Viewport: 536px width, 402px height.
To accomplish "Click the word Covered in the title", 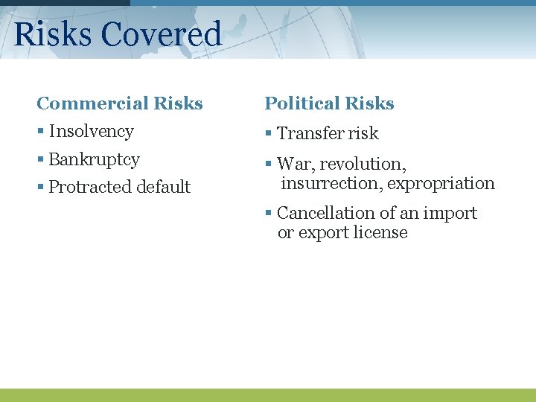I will (x=161, y=34).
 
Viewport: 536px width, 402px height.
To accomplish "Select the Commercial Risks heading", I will (x=120, y=103).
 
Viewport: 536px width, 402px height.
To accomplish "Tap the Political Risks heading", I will (x=329, y=103).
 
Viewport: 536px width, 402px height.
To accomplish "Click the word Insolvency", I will (x=91, y=132).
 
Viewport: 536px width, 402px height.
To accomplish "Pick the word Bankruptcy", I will (x=94, y=159).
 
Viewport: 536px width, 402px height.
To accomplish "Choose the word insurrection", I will (x=331, y=183).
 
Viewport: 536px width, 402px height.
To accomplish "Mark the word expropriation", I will (x=441, y=183).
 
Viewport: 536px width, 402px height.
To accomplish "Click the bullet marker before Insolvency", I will (x=40, y=133).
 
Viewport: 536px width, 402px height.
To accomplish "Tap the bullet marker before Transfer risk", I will (x=269, y=135).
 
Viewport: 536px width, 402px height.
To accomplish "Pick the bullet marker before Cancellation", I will (x=269, y=214).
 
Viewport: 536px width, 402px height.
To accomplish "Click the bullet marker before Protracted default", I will (x=40, y=188).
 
